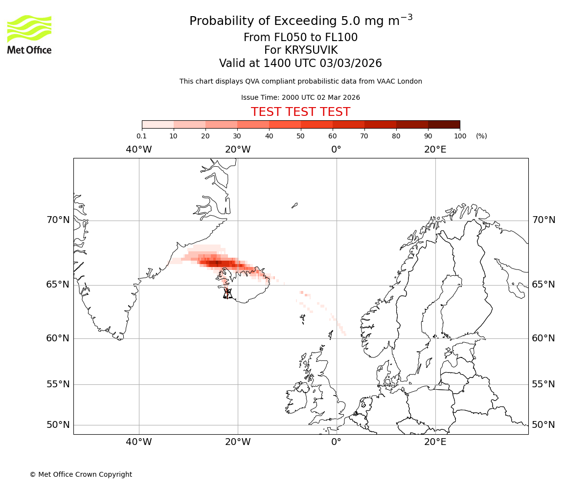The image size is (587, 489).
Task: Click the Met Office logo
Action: pyautogui.click(x=29, y=34)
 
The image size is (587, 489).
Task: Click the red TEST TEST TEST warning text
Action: pyautogui.click(x=300, y=112)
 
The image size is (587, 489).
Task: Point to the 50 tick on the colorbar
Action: pyautogui.click(x=301, y=136)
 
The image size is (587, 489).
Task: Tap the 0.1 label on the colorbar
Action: pyautogui.click(x=142, y=136)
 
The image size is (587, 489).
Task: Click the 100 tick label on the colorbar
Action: pyautogui.click(x=460, y=136)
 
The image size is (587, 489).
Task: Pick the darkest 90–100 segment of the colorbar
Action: pyautogui.click(x=444, y=124)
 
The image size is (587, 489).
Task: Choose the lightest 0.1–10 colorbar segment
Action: pyautogui.click(x=158, y=124)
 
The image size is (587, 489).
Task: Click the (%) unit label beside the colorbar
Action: pyautogui.click(x=481, y=136)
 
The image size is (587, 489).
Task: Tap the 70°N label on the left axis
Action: pyautogui.click(x=58, y=220)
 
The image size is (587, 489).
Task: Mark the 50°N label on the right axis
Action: pyautogui.click(x=543, y=424)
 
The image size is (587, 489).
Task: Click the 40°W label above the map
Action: pyautogui.click(x=139, y=150)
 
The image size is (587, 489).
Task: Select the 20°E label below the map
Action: pyautogui.click(x=435, y=442)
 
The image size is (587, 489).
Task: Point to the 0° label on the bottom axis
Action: pyautogui.click(x=337, y=442)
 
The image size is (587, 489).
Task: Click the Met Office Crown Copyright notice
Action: pyautogui.click(x=81, y=474)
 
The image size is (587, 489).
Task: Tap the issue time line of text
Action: pyautogui.click(x=300, y=97)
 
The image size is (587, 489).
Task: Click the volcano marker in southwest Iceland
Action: pyautogui.click(x=227, y=293)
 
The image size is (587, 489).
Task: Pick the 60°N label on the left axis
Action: pyautogui.click(x=58, y=338)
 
